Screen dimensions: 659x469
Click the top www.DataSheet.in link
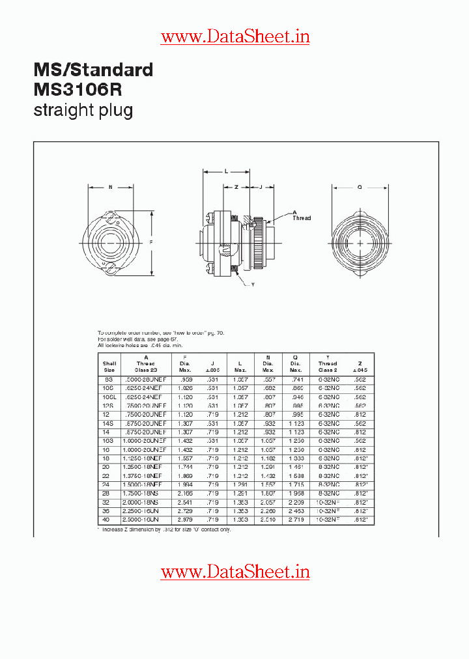[235, 37]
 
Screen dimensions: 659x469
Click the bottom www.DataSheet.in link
[235, 572]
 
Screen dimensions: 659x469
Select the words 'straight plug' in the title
[83, 110]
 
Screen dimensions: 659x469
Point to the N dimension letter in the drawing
[110, 187]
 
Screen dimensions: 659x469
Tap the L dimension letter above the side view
[225, 172]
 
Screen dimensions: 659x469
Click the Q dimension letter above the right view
[360, 187]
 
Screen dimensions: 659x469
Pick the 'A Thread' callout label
[300, 216]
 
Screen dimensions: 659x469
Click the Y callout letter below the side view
[253, 285]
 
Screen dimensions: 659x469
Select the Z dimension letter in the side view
[236, 187]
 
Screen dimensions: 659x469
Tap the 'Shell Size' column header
[109, 366]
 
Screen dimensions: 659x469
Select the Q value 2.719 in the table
[296, 520]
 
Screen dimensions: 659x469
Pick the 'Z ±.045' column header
[360, 366]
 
